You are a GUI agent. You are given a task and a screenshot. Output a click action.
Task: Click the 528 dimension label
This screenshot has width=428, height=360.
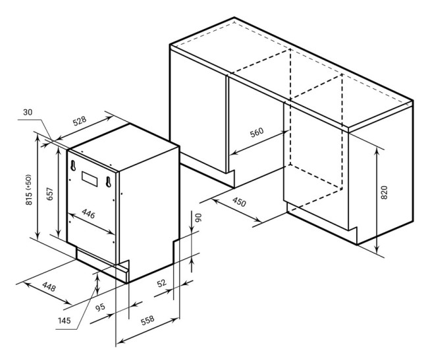(80, 121)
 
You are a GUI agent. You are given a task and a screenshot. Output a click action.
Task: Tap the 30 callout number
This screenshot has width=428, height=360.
(28, 112)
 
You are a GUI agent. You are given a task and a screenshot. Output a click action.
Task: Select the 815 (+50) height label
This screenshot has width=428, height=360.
(29, 190)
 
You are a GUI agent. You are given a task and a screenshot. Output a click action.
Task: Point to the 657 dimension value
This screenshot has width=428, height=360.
(50, 194)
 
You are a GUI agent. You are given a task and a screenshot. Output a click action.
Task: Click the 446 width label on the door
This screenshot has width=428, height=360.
(88, 214)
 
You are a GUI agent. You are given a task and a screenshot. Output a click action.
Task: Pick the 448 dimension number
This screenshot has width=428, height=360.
(49, 287)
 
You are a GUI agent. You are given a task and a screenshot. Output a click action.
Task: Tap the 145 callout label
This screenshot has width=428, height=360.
(65, 321)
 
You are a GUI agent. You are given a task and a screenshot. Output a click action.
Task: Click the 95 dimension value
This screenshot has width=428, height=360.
(100, 307)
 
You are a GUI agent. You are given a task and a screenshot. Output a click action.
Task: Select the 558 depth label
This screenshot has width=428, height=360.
(147, 320)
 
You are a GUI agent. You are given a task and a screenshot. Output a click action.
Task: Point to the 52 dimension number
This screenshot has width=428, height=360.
(161, 283)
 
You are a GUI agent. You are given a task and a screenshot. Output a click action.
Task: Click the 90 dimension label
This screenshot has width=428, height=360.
(198, 217)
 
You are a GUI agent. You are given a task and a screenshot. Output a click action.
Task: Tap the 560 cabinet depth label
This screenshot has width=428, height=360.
(257, 132)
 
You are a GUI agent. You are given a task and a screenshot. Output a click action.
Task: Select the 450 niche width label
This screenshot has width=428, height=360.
(239, 202)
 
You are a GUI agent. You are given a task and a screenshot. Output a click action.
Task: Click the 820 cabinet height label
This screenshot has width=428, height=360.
(384, 193)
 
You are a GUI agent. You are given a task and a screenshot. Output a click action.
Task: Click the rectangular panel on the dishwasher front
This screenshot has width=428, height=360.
(90, 179)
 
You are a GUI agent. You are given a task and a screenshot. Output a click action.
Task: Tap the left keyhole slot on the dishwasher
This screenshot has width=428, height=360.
(73, 166)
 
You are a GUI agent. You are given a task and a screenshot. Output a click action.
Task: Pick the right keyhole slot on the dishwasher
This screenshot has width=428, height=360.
(109, 182)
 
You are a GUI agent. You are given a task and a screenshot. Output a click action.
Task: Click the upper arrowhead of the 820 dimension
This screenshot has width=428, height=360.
(377, 151)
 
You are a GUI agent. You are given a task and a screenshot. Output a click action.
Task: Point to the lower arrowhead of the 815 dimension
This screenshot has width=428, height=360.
(38, 235)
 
